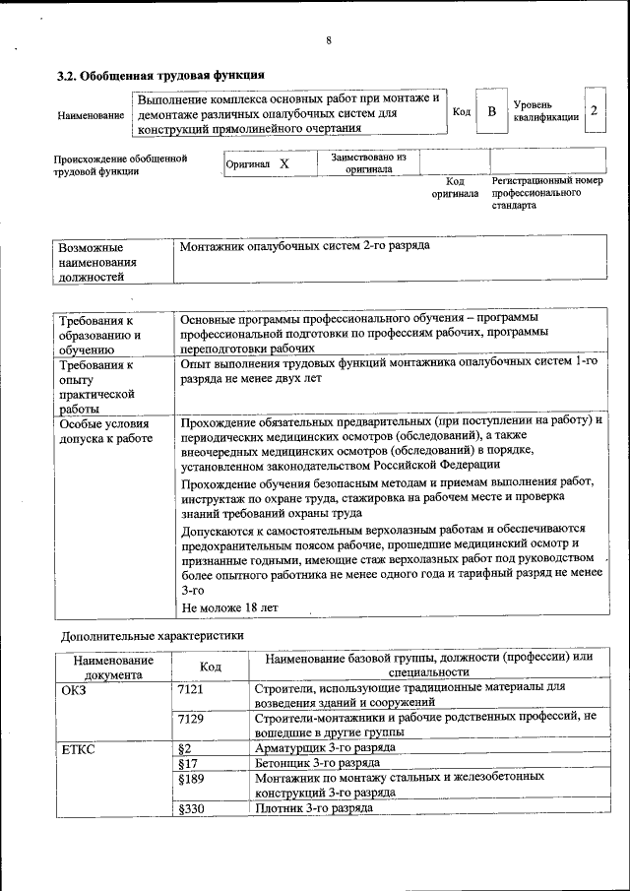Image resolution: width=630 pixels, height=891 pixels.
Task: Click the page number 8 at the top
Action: pos(329,40)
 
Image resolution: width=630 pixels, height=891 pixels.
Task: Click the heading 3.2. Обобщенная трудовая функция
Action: pos(159,75)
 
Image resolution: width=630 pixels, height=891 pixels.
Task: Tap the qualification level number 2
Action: pos(594,111)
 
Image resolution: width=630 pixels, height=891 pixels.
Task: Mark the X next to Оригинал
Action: pos(284,164)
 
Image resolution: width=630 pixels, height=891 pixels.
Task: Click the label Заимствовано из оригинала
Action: pos(368,162)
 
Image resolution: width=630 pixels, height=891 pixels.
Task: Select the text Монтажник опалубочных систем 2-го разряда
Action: pos(304,246)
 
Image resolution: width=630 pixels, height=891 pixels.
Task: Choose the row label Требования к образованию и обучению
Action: pos(99,335)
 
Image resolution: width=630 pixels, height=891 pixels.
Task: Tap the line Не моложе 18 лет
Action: pos(229,607)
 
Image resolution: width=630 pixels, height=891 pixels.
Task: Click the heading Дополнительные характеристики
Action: pos(153,636)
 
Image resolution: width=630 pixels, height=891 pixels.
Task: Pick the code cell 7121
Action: pos(190,688)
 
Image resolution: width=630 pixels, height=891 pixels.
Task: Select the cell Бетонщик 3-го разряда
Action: pos(312,762)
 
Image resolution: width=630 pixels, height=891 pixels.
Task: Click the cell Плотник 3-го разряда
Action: pos(313,808)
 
